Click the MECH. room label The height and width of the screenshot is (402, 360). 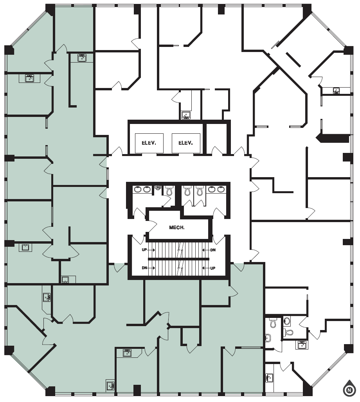tap(176, 227)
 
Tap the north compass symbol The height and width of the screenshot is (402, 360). tap(348, 389)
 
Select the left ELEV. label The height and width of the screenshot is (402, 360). tap(149, 143)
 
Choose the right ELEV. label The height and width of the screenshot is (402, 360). tap(185, 143)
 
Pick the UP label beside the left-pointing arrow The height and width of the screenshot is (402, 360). tap(213, 268)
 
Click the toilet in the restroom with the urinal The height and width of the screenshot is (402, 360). tap(169, 191)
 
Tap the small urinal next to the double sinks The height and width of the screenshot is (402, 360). tap(158, 188)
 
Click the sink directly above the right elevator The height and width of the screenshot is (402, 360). tap(186, 115)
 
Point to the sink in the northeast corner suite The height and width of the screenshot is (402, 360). tap(336, 91)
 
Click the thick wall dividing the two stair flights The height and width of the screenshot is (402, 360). tap(178, 259)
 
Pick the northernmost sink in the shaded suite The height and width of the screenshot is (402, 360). tap(82, 58)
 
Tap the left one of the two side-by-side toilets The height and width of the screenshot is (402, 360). tap(187, 191)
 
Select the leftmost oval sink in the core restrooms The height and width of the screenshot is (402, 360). tap(137, 190)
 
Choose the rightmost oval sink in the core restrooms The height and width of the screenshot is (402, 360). tap(221, 190)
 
